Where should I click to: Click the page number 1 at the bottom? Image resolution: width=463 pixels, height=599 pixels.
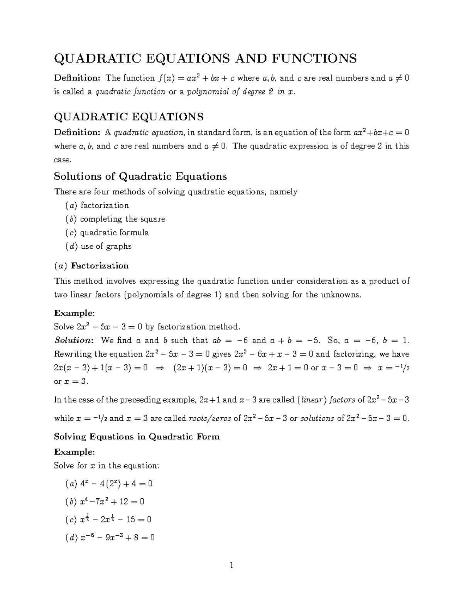pos(231,566)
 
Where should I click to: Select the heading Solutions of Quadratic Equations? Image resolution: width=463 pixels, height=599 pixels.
pos(140,176)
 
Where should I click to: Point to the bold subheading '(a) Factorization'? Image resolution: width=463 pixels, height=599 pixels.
pos(91,266)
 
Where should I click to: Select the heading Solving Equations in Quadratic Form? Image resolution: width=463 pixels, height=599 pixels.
pos(137,437)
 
